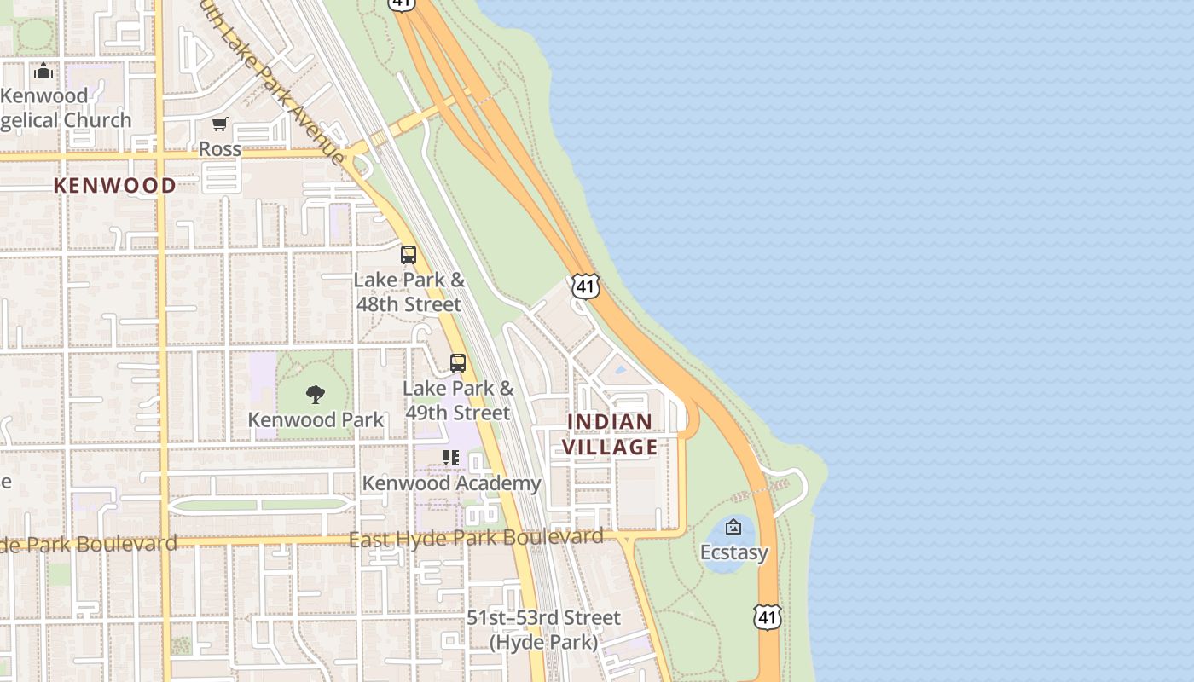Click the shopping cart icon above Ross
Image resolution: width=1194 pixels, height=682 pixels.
(x=219, y=124)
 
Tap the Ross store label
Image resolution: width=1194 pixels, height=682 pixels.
(x=220, y=149)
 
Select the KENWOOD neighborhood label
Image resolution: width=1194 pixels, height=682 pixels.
(x=115, y=186)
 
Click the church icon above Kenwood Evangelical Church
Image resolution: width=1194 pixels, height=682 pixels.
(x=43, y=72)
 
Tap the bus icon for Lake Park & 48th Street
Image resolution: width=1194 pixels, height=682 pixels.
(x=409, y=254)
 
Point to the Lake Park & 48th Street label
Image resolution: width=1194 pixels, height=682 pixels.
(x=409, y=292)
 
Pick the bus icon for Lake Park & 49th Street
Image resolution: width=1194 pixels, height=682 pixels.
(x=458, y=363)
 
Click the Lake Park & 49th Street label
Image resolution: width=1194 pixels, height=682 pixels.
(x=458, y=401)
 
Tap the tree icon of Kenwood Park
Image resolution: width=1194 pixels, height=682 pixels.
(x=316, y=394)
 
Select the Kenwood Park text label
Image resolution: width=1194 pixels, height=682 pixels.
(x=316, y=420)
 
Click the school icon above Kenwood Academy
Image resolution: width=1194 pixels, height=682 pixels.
(x=451, y=458)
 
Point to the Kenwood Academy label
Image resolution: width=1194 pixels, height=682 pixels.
(x=451, y=483)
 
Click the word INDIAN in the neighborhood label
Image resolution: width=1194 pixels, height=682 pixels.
(x=610, y=422)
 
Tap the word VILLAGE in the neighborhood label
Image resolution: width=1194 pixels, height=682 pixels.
(x=610, y=447)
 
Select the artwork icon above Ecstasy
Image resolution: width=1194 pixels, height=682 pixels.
(x=733, y=527)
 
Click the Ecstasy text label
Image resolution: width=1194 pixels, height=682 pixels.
(x=734, y=552)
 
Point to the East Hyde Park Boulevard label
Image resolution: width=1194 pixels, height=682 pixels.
(x=476, y=538)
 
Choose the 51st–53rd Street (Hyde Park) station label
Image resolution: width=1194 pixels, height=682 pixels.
(x=544, y=629)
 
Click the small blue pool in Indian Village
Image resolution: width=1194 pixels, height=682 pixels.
(x=620, y=371)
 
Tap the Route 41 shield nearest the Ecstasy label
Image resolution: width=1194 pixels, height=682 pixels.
(x=768, y=616)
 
